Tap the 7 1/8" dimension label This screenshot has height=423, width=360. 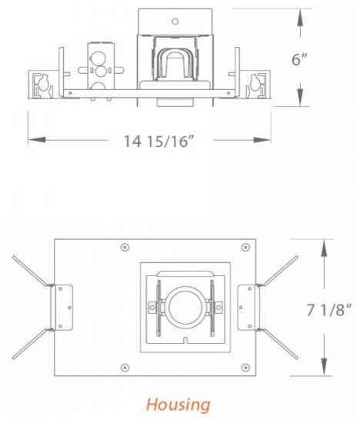click(x=330, y=310)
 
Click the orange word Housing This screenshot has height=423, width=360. click(x=177, y=404)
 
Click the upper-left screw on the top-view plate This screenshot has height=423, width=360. click(x=125, y=248)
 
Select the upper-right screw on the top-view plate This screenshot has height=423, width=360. click(x=245, y=248)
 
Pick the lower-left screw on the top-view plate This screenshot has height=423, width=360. click(x=125, y=368)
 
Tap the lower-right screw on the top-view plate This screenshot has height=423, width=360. click(x=245, y=368)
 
